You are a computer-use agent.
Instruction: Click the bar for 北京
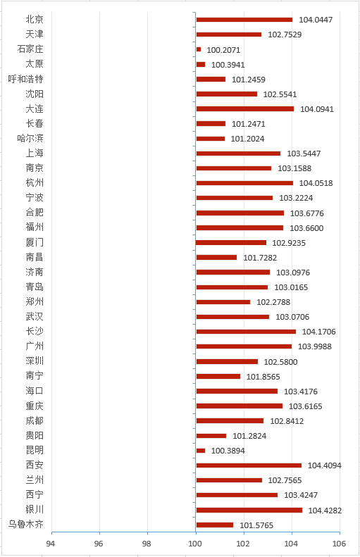[244, 20]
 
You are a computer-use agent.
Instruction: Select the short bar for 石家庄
[198, 49]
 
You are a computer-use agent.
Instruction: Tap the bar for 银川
[249, 510]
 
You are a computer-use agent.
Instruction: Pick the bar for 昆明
[201, 451]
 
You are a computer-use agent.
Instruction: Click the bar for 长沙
[246, 332]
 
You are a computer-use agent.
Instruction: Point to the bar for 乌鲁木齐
[215, 525]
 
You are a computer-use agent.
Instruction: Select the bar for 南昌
[216, 258]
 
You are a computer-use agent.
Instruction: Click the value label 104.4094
[325, 465]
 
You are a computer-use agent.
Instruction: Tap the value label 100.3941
[228, 65]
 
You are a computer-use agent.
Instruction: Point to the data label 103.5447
[304, 154]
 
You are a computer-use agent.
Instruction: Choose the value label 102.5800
[280, 362]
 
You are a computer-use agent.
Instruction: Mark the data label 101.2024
[247, 139]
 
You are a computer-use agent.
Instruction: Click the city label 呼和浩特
[25, 79]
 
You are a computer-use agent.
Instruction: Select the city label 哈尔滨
[30, 138]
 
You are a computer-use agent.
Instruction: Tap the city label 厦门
[35, 242]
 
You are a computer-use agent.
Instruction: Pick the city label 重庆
[35, 406]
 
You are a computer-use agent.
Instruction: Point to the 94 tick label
[51, 544]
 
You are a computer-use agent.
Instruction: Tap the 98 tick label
[147, 544]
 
